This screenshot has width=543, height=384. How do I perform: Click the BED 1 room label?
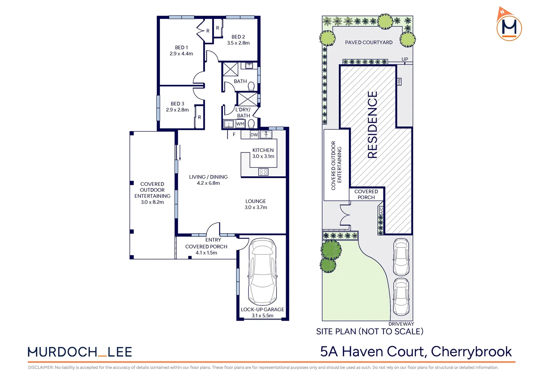(x=181, y=48)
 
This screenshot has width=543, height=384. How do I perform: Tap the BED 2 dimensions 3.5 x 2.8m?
(x=238, y=43)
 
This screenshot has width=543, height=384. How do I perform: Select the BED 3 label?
(x=177, y=104)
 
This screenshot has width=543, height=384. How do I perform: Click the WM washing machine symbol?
(x=240, y=124)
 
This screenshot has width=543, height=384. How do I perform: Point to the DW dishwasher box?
(x=254, y=135)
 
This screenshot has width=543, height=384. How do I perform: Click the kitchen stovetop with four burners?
(x=263, y=172)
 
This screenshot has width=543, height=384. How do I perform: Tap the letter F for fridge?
(x=234, y=134)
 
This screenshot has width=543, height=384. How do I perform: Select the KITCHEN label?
(x=263, y=150)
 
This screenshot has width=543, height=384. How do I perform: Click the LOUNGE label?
(x=256, y=201)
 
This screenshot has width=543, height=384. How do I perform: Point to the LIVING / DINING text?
(x=209, y=177)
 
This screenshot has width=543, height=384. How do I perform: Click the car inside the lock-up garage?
(x=263, y=271)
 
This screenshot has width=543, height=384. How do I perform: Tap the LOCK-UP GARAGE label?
(x=263, y=310)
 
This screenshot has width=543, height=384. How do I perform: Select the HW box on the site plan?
(x=399, y=81)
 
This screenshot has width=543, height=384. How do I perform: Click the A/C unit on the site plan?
(x=381, y=210)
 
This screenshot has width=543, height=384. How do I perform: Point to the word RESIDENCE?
(x=372, y=125)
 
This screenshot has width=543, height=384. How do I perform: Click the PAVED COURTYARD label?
(x=369, y=42)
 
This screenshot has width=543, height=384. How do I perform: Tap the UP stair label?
(x=405, y=59)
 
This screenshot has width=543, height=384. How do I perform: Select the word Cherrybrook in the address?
(x=471, y=352)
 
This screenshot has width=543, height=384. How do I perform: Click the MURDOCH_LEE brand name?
(x=80, y=352)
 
